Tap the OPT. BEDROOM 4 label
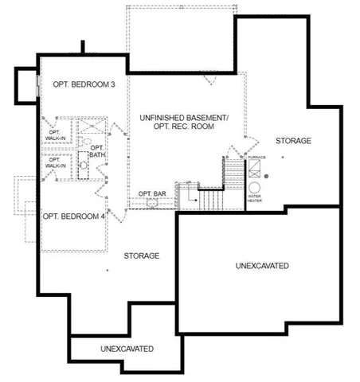73,216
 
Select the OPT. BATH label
97,151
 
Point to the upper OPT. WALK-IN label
57,135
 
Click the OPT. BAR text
151,193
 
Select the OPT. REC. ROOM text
184,129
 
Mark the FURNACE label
256,158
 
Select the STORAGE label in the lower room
142,255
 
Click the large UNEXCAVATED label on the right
262,264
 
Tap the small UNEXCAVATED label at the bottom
127,349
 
